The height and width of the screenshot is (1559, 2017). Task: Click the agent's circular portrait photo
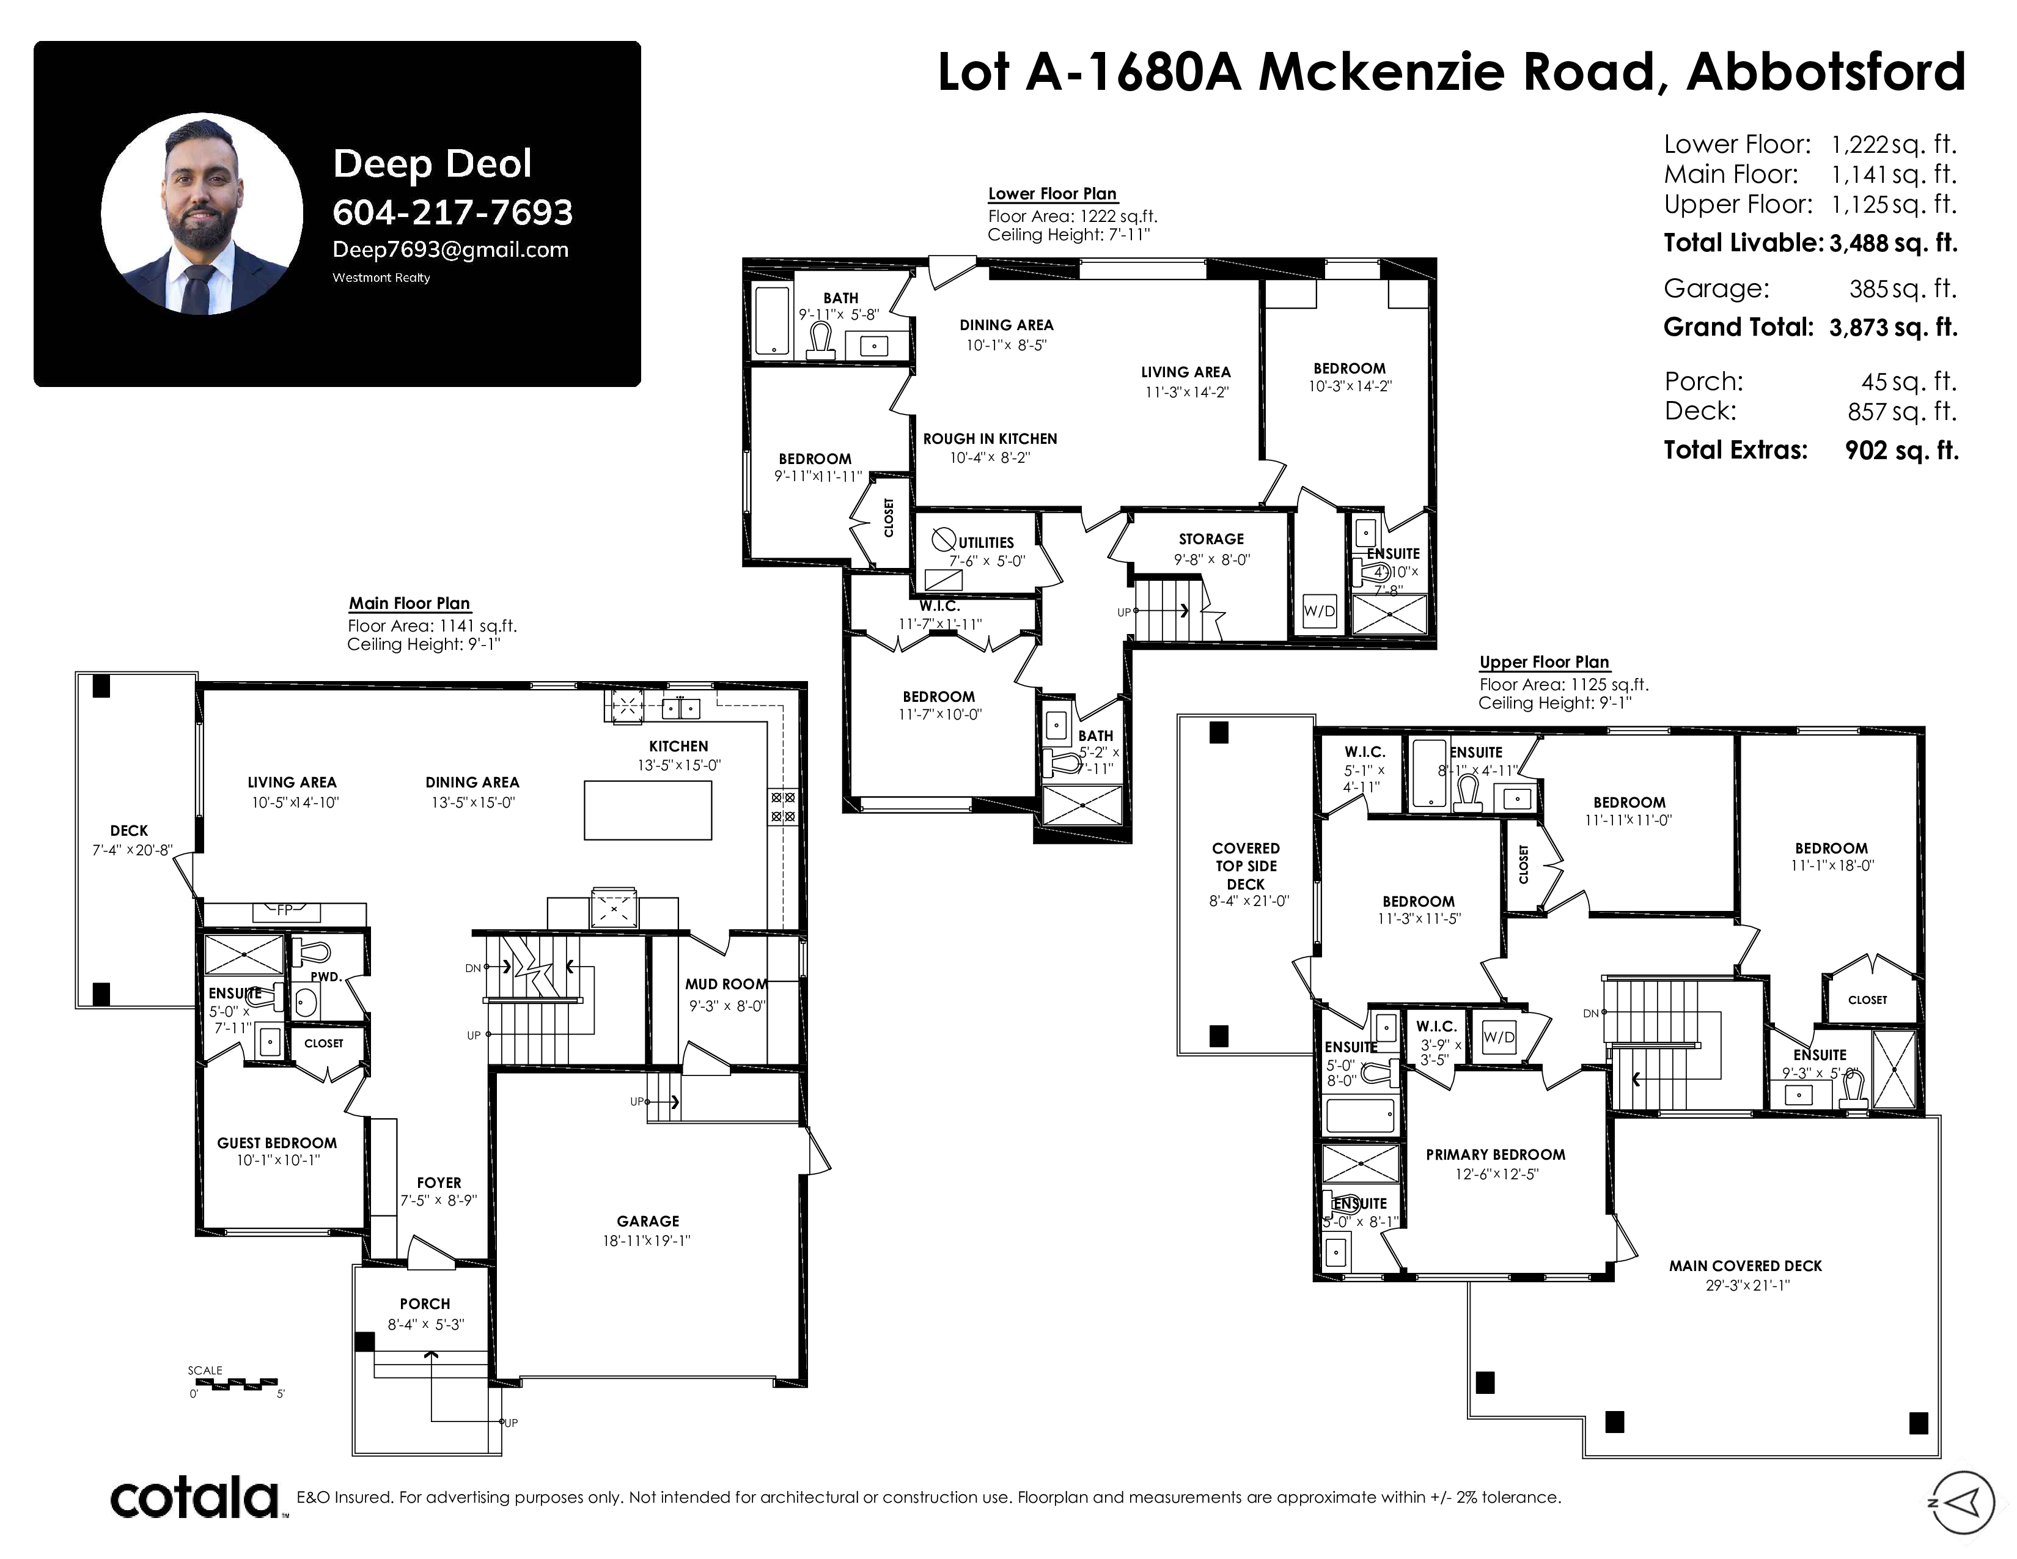[202, 214]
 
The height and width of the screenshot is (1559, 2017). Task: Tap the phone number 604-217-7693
[452, 212]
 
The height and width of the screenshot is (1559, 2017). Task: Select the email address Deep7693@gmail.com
[450, 249]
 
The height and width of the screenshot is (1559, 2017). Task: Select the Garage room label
[647, 1221]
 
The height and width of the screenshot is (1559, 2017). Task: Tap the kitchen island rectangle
[647, 810]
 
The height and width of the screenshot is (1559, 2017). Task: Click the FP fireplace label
[284, 910]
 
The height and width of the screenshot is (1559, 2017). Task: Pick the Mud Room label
[726, 984]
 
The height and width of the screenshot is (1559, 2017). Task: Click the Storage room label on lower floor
[1211, 539]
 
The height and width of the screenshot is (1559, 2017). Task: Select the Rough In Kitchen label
[990, 439]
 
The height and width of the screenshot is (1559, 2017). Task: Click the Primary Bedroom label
[1495, 1154]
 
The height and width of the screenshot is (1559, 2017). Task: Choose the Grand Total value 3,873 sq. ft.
[1894, 328]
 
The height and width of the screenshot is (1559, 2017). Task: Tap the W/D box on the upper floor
[1499, 1037]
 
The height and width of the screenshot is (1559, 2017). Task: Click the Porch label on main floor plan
[425, 1304]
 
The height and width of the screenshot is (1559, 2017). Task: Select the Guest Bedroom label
[277, 1143]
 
